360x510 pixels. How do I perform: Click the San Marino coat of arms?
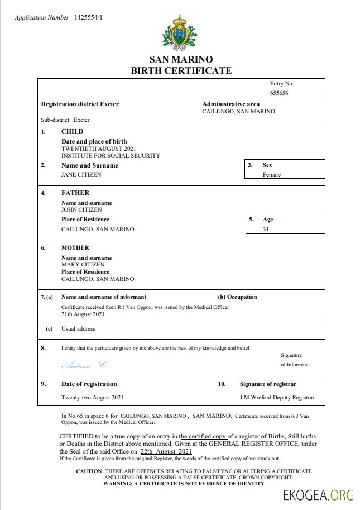[x=180, y=32]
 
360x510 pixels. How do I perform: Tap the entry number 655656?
[x=279, y=93]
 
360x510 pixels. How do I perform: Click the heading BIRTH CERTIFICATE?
[x=181, y=70]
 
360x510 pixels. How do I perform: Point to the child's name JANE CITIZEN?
[x=81, y=174]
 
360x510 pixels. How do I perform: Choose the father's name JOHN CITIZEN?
[x=81, y=209]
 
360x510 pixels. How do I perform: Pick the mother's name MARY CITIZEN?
[x=83, y=264]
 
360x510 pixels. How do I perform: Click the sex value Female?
[x=272, y=174]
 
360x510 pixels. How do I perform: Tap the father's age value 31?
[x=266, y=229]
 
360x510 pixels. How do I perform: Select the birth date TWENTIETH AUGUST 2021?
[x=99, y=149]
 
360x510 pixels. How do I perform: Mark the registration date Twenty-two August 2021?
[x=92, y=398]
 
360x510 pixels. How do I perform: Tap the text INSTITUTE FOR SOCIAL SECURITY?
[x=111, y=155]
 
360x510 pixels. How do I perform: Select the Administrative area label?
[x=231, y=104]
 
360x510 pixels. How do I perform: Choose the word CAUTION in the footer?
[x=89, y=471]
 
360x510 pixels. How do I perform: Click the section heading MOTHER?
[x=75, y=247]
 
